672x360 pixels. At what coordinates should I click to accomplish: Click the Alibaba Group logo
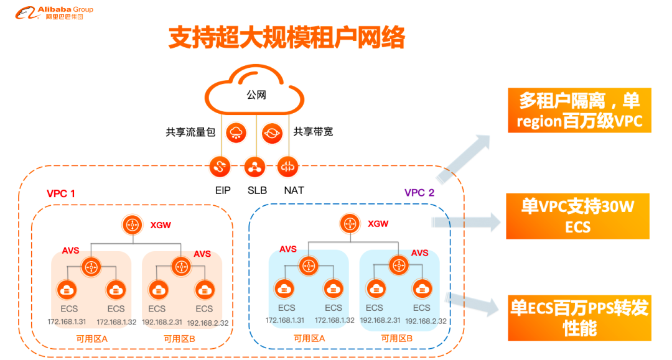coord(54,12)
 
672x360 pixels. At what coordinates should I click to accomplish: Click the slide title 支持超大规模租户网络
coord(287,38)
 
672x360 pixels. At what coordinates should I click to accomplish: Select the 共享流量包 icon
coord(236,132)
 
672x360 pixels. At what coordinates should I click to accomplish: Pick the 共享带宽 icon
coord(272,132)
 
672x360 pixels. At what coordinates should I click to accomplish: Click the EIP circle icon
coord(220,166)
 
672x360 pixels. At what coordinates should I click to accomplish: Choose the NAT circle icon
coord(289,166)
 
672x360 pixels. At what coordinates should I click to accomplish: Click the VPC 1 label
coord(61,193)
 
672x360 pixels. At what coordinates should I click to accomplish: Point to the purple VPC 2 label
coord(419,192)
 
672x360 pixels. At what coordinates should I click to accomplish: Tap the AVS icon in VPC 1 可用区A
coord(91,267)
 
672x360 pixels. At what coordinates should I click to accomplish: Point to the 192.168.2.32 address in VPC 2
coord(426,321)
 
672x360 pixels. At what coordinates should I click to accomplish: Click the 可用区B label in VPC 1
coord(179,339)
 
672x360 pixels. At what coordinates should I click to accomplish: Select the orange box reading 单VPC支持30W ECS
coord(577,216)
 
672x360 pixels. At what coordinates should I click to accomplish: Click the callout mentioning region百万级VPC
coord(579,110)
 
